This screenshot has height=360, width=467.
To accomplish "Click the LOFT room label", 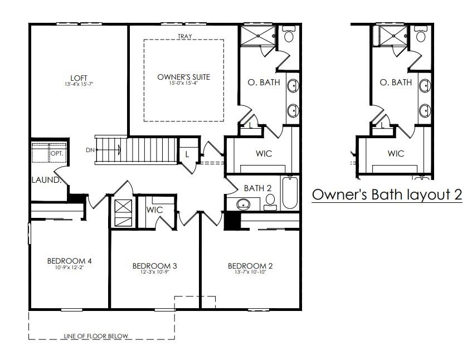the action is tap(79, 78).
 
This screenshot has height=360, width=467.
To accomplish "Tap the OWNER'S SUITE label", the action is tap(183, 77).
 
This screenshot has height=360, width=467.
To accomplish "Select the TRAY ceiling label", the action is tap(185, 36).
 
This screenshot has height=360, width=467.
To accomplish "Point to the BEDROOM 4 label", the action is tap(70, 261).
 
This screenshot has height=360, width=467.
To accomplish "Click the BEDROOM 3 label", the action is tap(154, 266).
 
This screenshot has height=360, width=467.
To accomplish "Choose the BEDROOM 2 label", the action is tap(250, 266).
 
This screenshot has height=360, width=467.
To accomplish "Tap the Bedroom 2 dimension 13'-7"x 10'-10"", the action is tap(250, 272).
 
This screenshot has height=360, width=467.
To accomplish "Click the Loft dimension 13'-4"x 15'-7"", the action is tap(79, 84).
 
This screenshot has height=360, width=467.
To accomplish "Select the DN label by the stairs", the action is tap(90, 150).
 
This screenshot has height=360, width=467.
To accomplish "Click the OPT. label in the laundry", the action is tap(57, 153).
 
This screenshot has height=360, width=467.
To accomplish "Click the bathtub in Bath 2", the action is tap(290, 193).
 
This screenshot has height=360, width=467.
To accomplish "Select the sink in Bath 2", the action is tap(244, 204).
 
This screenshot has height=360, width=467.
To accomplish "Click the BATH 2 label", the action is tap(257, 188).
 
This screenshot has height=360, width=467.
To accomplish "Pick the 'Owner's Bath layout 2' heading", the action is tap(387, 194).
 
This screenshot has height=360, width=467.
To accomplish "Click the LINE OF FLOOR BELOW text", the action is tap(96, 336).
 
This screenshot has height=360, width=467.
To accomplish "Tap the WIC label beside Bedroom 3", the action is tap(154, 210).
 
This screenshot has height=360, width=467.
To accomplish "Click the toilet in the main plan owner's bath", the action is tap(288, 33).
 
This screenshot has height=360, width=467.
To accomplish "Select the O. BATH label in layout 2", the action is tap(396, 82).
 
